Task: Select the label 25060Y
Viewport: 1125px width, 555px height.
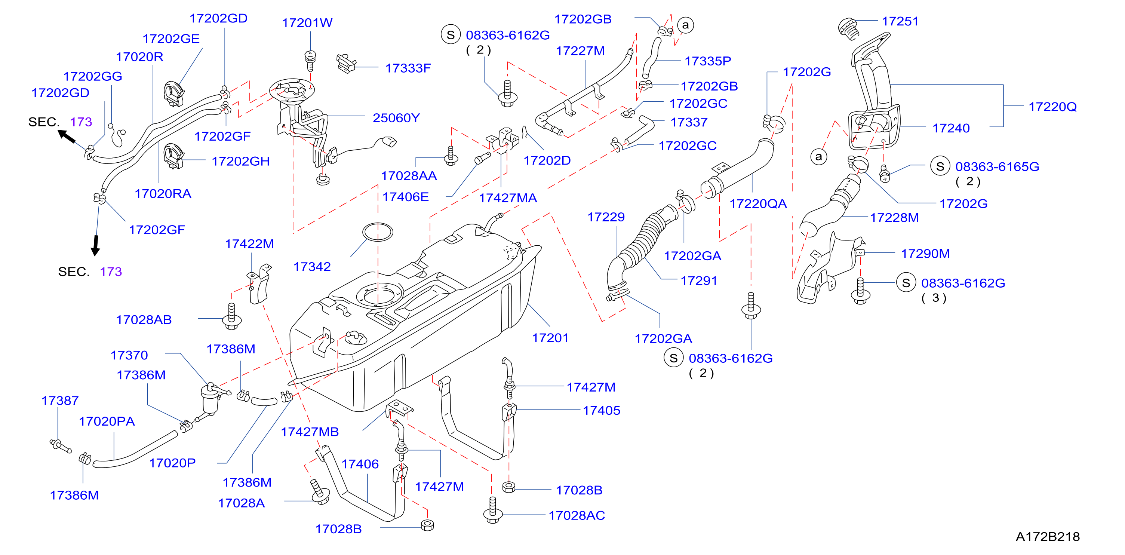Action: [x=396, y=117]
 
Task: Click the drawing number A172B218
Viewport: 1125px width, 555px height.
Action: [x=1047, y=536]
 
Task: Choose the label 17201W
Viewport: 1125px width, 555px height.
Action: [x=307, y=22]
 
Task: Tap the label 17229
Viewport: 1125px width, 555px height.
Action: [x=606, y=217]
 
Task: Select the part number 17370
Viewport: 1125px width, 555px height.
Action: [x=129, y=355]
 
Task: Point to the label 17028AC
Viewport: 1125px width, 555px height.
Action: [x=577, y=515]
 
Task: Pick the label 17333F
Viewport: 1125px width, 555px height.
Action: [x=408, y=68]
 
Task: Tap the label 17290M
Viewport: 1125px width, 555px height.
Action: [x=925, y=254]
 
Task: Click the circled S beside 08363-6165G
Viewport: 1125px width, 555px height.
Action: [x=940, y=166]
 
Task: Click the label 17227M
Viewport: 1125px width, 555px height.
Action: [x=580, y=51]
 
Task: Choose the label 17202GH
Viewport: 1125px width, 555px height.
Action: [x=241, y=161]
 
